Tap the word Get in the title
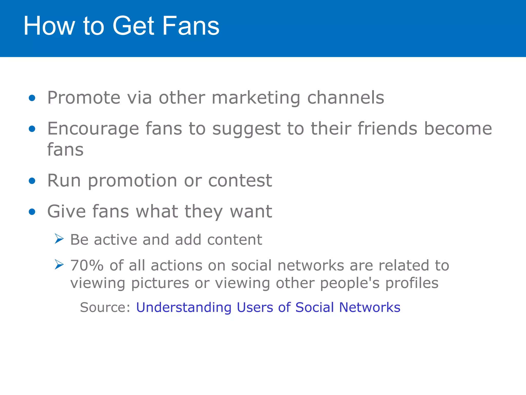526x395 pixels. pos(133,26)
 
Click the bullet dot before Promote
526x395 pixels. pos(32,98)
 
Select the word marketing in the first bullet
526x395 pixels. pos(256,98)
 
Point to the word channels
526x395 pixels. pos(345,98)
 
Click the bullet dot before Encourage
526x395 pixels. pos(32,129)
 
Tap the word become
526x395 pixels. pos(458,128)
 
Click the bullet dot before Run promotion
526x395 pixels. pos(32,181)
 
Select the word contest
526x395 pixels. pos(240,181)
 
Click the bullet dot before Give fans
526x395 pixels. pos(32,212)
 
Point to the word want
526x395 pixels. pos(251,212)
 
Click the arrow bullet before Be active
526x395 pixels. pos(59,239)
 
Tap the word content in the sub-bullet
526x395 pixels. pos(234,240)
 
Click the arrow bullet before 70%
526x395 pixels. pos(59,265)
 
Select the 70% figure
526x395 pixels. pos(87,265)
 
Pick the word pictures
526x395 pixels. pos(160,283)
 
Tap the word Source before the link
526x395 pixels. pos(105,307)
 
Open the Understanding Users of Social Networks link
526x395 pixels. pos(268,307)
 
